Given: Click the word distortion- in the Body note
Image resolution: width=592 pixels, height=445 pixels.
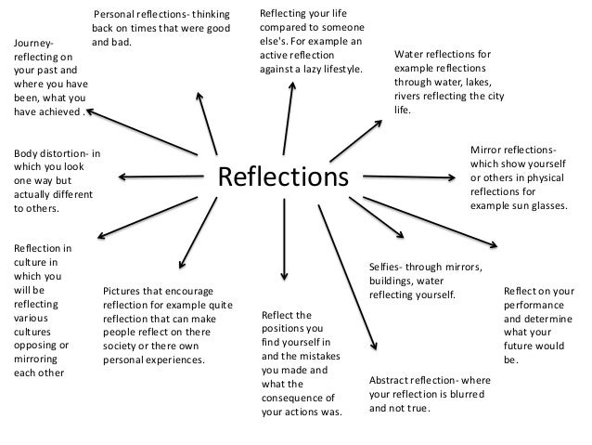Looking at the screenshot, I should pyautogui.click(x=67, y=153).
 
